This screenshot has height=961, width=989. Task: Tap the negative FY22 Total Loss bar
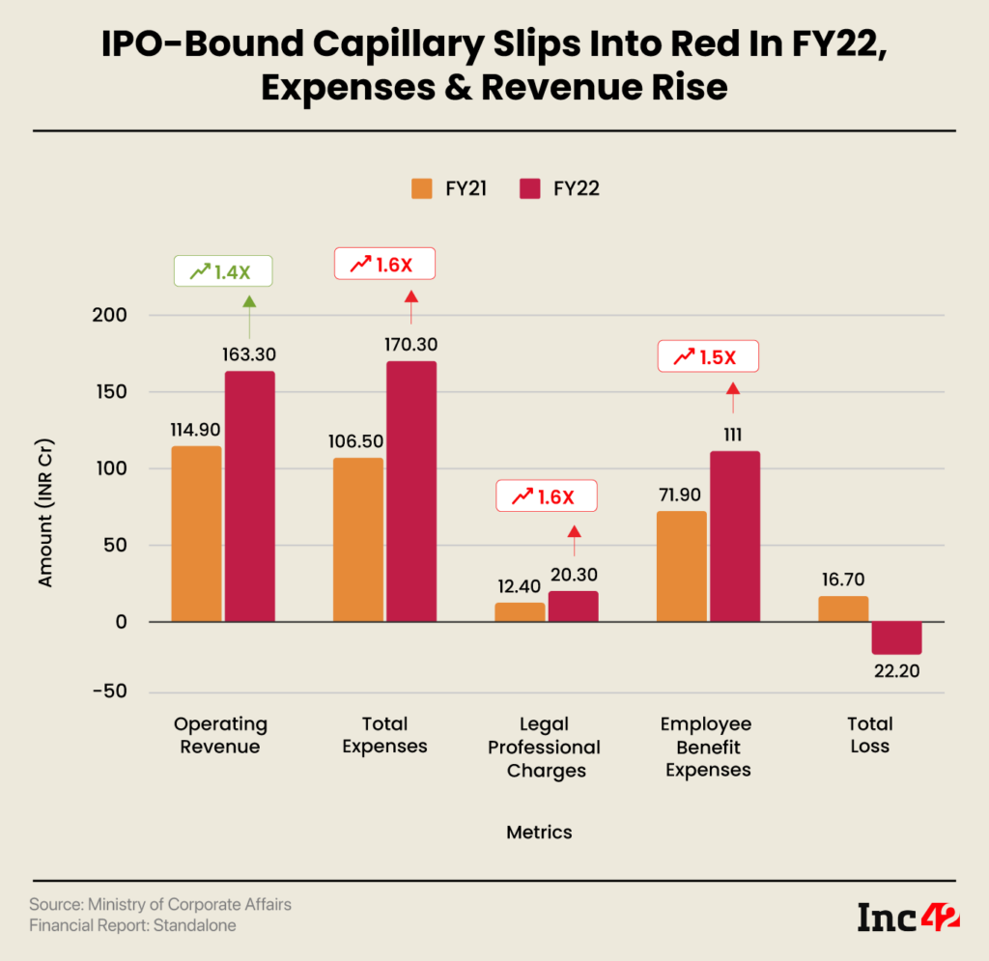[x=895, y=637]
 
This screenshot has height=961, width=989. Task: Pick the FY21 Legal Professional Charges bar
[x=520, y=612]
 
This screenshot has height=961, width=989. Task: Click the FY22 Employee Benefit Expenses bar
[x=734, y=536]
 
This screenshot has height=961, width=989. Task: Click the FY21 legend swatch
[x=422, y=188]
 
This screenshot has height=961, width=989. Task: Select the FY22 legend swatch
[x=529, y=188]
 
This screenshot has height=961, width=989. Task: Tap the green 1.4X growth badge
[x=222, y=271]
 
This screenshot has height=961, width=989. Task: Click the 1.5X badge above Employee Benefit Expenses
[x=708, y=356]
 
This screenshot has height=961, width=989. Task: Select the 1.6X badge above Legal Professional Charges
[x=547, y=496]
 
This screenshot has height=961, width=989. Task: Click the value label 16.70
[x=843, y=579]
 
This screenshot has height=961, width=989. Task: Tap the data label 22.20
[x=895, y=675]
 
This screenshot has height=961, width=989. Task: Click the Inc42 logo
[x=908, y=917]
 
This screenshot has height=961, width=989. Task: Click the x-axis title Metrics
[x=540, y=832]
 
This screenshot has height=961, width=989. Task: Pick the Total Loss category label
[x=869, y=735]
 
